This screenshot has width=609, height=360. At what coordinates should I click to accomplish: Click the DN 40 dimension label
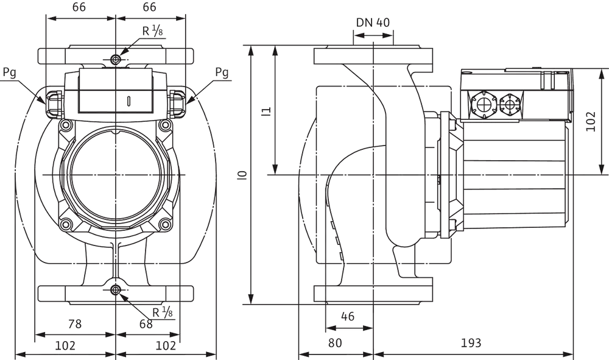[x=373, y=23]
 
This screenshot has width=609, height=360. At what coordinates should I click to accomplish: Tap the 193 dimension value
[x=471, y=343]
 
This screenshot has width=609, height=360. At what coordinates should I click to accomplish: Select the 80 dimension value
[x=335, y=343]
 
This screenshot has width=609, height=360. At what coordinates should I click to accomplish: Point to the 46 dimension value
[x=348, y=317]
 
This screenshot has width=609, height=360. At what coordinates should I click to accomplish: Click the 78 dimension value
[x=75, y=323]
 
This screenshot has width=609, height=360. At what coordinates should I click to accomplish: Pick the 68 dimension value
[x=146, y=324]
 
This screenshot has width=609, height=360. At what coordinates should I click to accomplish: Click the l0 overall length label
[x=243, y=175]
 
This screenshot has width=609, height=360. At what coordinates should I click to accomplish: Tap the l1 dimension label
[x=266, y=111]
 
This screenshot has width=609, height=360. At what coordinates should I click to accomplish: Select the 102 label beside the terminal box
[x=591, y=121]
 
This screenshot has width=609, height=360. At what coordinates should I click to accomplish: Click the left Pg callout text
[x=9, y=72]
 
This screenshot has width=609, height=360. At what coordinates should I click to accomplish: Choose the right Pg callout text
[x=222, y=72]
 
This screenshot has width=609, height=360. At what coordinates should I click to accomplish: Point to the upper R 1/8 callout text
[x=152, y=30]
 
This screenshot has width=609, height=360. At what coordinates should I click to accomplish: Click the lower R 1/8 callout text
[x=163, y=312]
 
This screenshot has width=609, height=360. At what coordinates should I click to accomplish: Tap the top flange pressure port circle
[x=115, y=60]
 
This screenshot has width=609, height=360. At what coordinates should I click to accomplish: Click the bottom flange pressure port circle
[x=115, y=290]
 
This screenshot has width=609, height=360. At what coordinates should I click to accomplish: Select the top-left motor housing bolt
[x=65, y=125]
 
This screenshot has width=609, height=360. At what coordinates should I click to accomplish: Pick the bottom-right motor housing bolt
[x=166, y=224]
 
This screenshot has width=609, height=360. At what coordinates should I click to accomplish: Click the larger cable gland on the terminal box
[x=483, y=104]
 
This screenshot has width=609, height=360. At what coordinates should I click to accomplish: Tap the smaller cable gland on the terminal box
[x=510, y=104]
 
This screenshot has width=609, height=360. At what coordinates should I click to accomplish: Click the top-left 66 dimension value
[x=80, y=7]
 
